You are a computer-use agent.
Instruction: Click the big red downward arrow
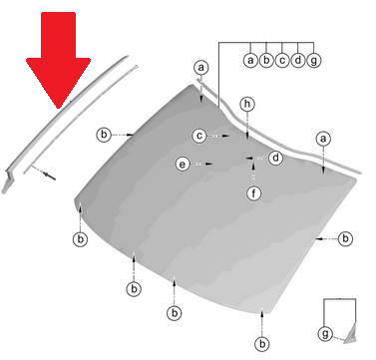pyautogui.click(x=59, y=57)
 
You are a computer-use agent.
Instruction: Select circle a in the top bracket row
pyautogui.click(x=250, y=61)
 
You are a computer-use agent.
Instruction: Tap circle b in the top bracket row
pyautogui.click(x=266, y=61)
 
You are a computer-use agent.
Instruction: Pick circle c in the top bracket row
pyautogui.click(x=282, y=61)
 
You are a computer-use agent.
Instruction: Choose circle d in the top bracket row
pyautogui.click(x=298, y=61)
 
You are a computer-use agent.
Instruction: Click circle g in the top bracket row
pyautogui.click(x=314, y=61)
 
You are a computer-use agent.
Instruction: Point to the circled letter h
pyautogui.click(x=247, y=104)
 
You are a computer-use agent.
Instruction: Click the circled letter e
pyautogui.click(x=183, y=164)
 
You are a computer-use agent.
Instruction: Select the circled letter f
pyautogui.click(x=254, y=193)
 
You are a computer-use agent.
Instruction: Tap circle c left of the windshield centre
pyautogui.click(x=199, y=136)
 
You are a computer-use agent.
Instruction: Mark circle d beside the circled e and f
pyautogui.click(x=275, y=158)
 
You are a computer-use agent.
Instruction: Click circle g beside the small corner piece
pyautogui.click(x=325, y=333)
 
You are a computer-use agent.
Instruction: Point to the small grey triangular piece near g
pyautogui.click(x=351, y=335)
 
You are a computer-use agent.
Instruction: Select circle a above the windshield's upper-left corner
pyautogui.click(x=201, y=68)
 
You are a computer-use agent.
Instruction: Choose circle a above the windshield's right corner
pyautogui.click(x=323, y=139)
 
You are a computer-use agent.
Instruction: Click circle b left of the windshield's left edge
pyautogui.click(x=104, y=135)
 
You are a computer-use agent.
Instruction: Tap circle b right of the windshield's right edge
pyautogui.click(x=345, y=238)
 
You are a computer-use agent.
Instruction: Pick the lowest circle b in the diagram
pyautogui.click(x=262, y=344)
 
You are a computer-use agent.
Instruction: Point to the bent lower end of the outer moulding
pyautogui.click(x=8, y=181)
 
